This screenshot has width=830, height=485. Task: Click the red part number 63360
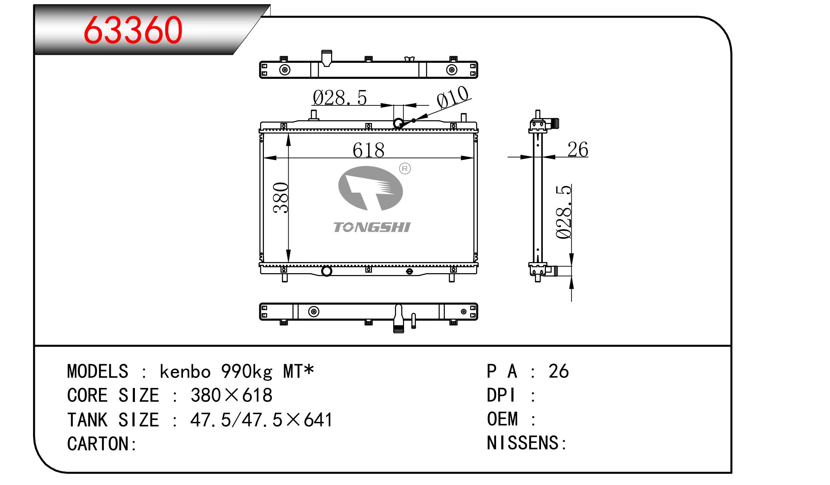(x=133, y=30)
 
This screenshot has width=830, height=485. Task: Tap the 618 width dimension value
(x=368, y=150)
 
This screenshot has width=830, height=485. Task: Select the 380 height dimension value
(x=281, y=198)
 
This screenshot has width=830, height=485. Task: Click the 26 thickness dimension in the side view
(x=578, y=149)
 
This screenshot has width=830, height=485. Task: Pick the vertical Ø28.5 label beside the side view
(x=564, y=212)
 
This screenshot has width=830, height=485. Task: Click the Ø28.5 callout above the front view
(x=340, y=97)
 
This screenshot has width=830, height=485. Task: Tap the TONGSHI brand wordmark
(x=372, y=227)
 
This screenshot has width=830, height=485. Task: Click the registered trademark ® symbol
(x=405, y=169)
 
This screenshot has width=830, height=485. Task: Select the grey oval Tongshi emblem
(x=371, y=188)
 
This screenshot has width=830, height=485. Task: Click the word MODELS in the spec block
(x=98, y=371)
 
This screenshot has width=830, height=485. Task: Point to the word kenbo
(x=185, y=371)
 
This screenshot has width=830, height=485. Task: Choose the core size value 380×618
(x=231, y=395)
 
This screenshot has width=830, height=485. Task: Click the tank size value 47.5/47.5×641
(x=261, y=420)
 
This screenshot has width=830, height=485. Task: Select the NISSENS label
(x=527, y=443)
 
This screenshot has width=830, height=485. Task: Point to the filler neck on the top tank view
(x=326, y=58)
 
